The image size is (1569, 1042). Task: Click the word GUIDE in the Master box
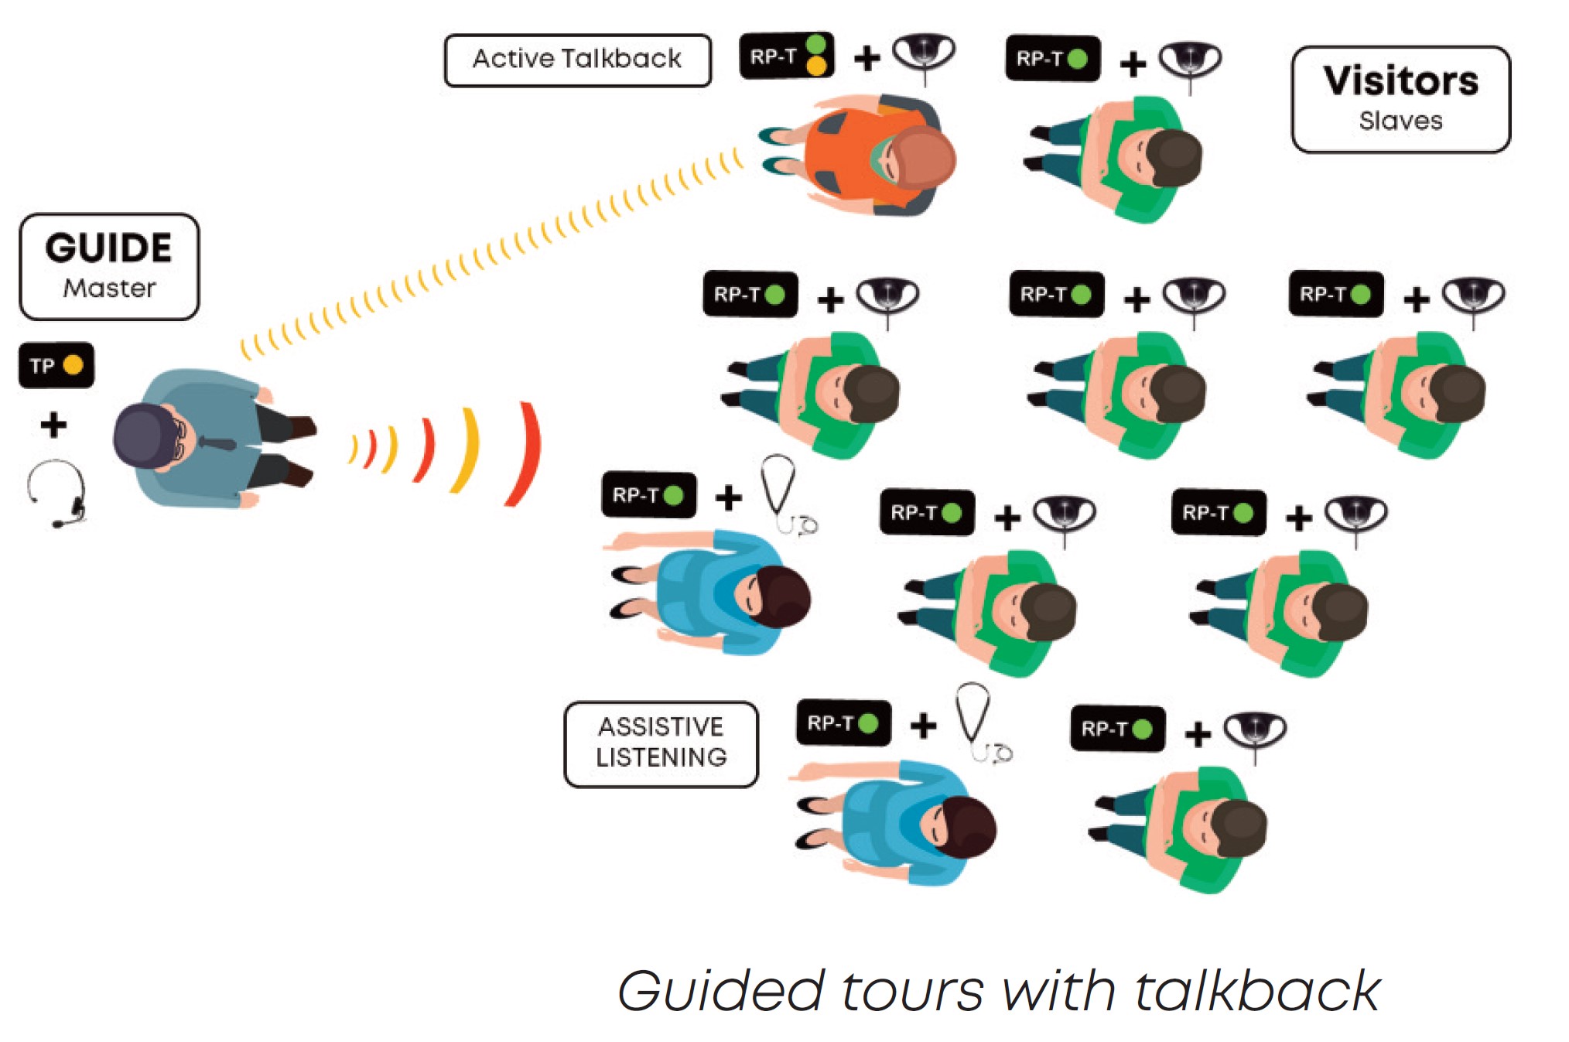[108, 248]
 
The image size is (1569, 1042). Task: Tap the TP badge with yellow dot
[56, 365]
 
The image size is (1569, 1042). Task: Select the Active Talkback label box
[577, 60]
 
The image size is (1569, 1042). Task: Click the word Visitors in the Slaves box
[1400, 81]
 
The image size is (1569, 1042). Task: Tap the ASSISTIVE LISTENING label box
[661, 743]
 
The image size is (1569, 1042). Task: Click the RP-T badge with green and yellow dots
[786, 56]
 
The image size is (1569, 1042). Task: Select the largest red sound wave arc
[526, 455]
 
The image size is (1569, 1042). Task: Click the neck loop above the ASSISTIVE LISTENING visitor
[977, 720]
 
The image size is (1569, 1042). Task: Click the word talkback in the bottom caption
[1256, 991]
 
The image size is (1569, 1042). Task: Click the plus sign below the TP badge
[53, 425]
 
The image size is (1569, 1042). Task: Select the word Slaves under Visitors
[1400, 121]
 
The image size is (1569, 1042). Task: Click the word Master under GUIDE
[109, 288]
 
